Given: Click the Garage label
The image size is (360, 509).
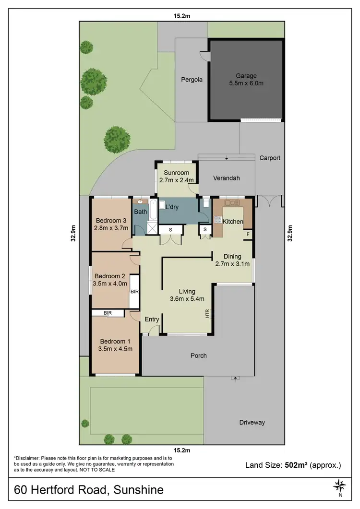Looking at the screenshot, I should (x=246, y=76).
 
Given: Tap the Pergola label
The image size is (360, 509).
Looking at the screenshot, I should (x=192, y=80).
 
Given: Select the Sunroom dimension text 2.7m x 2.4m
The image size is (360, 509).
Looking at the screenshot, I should (x=177, y=180).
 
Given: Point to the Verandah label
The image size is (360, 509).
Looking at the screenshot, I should (x=226, y=178).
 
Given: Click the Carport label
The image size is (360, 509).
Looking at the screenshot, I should (x=270, y=158).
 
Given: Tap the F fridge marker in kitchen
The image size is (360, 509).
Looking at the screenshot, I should (x=248, y=234).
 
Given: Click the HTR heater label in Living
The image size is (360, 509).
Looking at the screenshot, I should (x=207, y=314).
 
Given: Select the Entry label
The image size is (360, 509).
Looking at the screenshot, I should (x=152, y=320).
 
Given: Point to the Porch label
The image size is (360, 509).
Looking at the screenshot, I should (x=198, y=355).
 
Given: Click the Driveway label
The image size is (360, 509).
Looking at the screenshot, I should (x=252, y=423).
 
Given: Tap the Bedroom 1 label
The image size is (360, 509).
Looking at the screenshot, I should (x=115, y=341).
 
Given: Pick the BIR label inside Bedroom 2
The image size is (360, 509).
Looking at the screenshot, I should (x=134, y=291).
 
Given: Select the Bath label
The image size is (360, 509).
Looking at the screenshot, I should (x=140, y=212).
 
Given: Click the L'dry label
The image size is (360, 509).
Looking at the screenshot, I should (x=172, y=207).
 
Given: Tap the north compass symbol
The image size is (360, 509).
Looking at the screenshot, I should (x=340, y=485).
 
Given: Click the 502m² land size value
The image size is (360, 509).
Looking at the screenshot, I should (x=297, y=465).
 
